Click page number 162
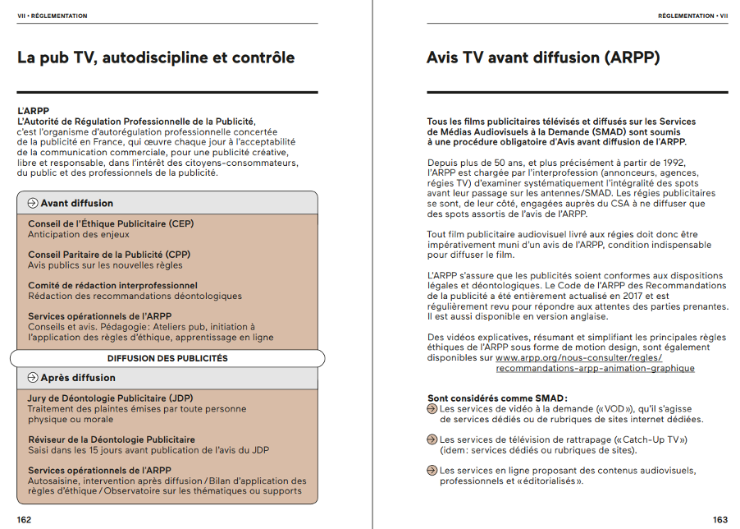[25, 519]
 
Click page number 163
[719, 519]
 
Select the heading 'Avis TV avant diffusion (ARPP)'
[543, 57]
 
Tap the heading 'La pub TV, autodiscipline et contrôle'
[156, 57]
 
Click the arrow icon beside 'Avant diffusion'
[33, 203]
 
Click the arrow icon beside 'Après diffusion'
[33, 378]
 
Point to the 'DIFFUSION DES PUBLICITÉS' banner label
[167, 358]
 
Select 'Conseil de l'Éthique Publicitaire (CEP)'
[111, 223]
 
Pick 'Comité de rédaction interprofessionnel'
[112, 285]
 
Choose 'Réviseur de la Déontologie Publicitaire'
[112, 439]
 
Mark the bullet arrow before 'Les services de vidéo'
[432, 408]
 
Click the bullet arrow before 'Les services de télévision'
[432, 439]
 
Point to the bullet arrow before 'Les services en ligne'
[432, 471]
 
